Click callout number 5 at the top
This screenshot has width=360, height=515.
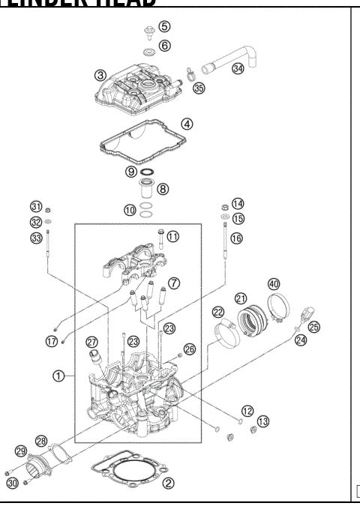164,27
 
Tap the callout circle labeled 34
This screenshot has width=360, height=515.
238,68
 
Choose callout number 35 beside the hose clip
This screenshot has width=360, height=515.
199,88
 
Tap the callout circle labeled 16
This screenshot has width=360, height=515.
237,238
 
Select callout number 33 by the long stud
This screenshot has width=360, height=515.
36,238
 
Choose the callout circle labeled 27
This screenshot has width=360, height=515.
92,342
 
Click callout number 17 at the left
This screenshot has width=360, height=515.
51,341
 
